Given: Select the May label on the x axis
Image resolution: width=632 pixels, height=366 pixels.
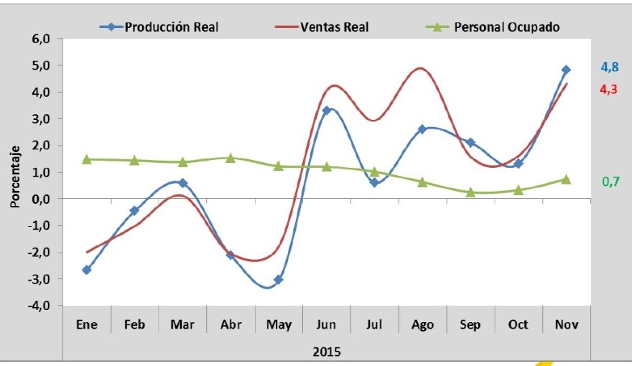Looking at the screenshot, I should (x=279, y=325).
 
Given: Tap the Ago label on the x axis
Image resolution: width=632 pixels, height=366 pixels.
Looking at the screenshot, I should (x=422, y=325).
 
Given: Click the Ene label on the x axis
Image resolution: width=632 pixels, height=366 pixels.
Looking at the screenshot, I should (x=87, y=325).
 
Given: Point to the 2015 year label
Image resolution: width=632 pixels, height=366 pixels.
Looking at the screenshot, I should (x=327, y=352).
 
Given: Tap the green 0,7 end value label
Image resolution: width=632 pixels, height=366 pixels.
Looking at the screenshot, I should (x=610, y=182).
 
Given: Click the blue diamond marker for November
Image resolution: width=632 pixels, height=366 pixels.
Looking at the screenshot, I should (x=566, y=70).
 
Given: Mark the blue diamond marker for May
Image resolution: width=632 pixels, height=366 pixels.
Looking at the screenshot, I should (x=279, y=279).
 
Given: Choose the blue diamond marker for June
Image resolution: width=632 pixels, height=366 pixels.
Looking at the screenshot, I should (x=327, y=111).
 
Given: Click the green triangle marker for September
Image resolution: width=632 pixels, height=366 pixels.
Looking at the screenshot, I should (x=470, y=192).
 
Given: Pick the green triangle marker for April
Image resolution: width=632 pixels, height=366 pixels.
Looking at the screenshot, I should (x=231, y=158).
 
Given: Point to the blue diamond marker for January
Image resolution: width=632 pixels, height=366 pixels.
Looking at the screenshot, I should (x=87, y=270).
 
